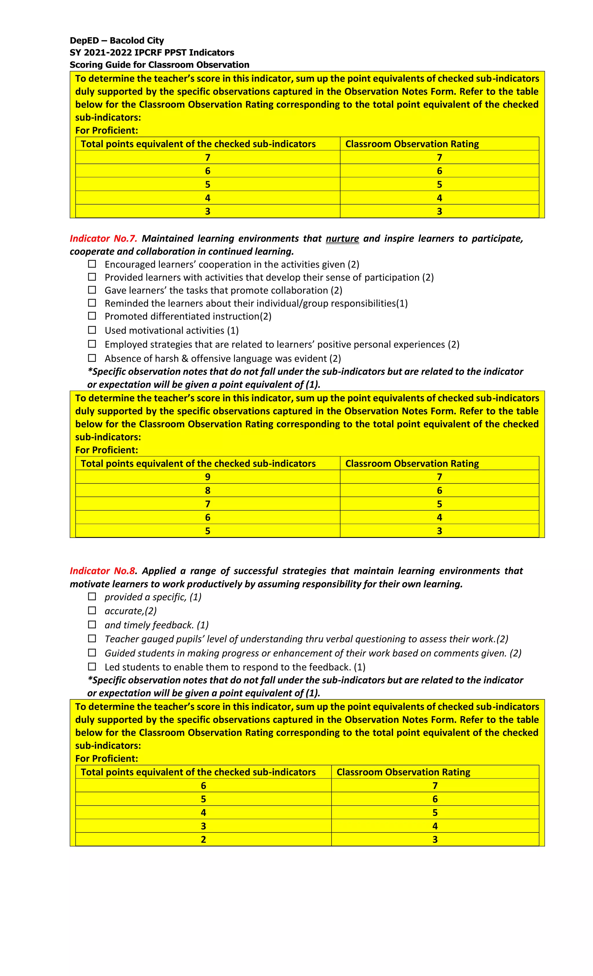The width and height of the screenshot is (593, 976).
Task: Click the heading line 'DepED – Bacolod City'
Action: click(x=116, y=41)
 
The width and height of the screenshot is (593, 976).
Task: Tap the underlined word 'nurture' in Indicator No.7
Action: click(x=342, y=238)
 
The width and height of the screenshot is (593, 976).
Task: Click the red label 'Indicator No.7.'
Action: click(x=103, y=238)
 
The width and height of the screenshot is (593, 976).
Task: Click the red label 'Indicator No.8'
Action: click(x=102, y=571)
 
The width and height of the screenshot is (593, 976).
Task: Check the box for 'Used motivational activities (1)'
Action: click(x=92, y=330)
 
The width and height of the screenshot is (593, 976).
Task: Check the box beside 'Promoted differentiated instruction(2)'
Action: click(x=92, y=316)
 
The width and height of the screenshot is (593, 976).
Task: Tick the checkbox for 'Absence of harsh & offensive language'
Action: click(x=92, y=358)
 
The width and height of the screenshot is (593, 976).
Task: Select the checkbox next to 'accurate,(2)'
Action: click(x=92, y=610)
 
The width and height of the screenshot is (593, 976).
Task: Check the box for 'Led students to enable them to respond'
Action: click(x=92, y=667)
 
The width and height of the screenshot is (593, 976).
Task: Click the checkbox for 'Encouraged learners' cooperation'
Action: click(x=92, y=264)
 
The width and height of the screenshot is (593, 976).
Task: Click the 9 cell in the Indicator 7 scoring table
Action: click(x=207, y=477)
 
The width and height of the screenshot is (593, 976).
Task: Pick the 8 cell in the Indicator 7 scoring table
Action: click(x=207, y=490)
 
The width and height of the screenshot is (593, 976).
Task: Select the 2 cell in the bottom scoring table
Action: click(x=203, y=839)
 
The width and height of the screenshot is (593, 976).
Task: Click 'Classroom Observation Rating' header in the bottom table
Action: click(x=403, y=772)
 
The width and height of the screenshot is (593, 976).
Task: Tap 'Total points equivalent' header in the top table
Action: click(x=198, y=144)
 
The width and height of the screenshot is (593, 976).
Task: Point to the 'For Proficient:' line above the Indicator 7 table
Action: click(x=107, y=450)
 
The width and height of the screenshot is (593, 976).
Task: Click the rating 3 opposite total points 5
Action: click(x=439, y=531)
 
